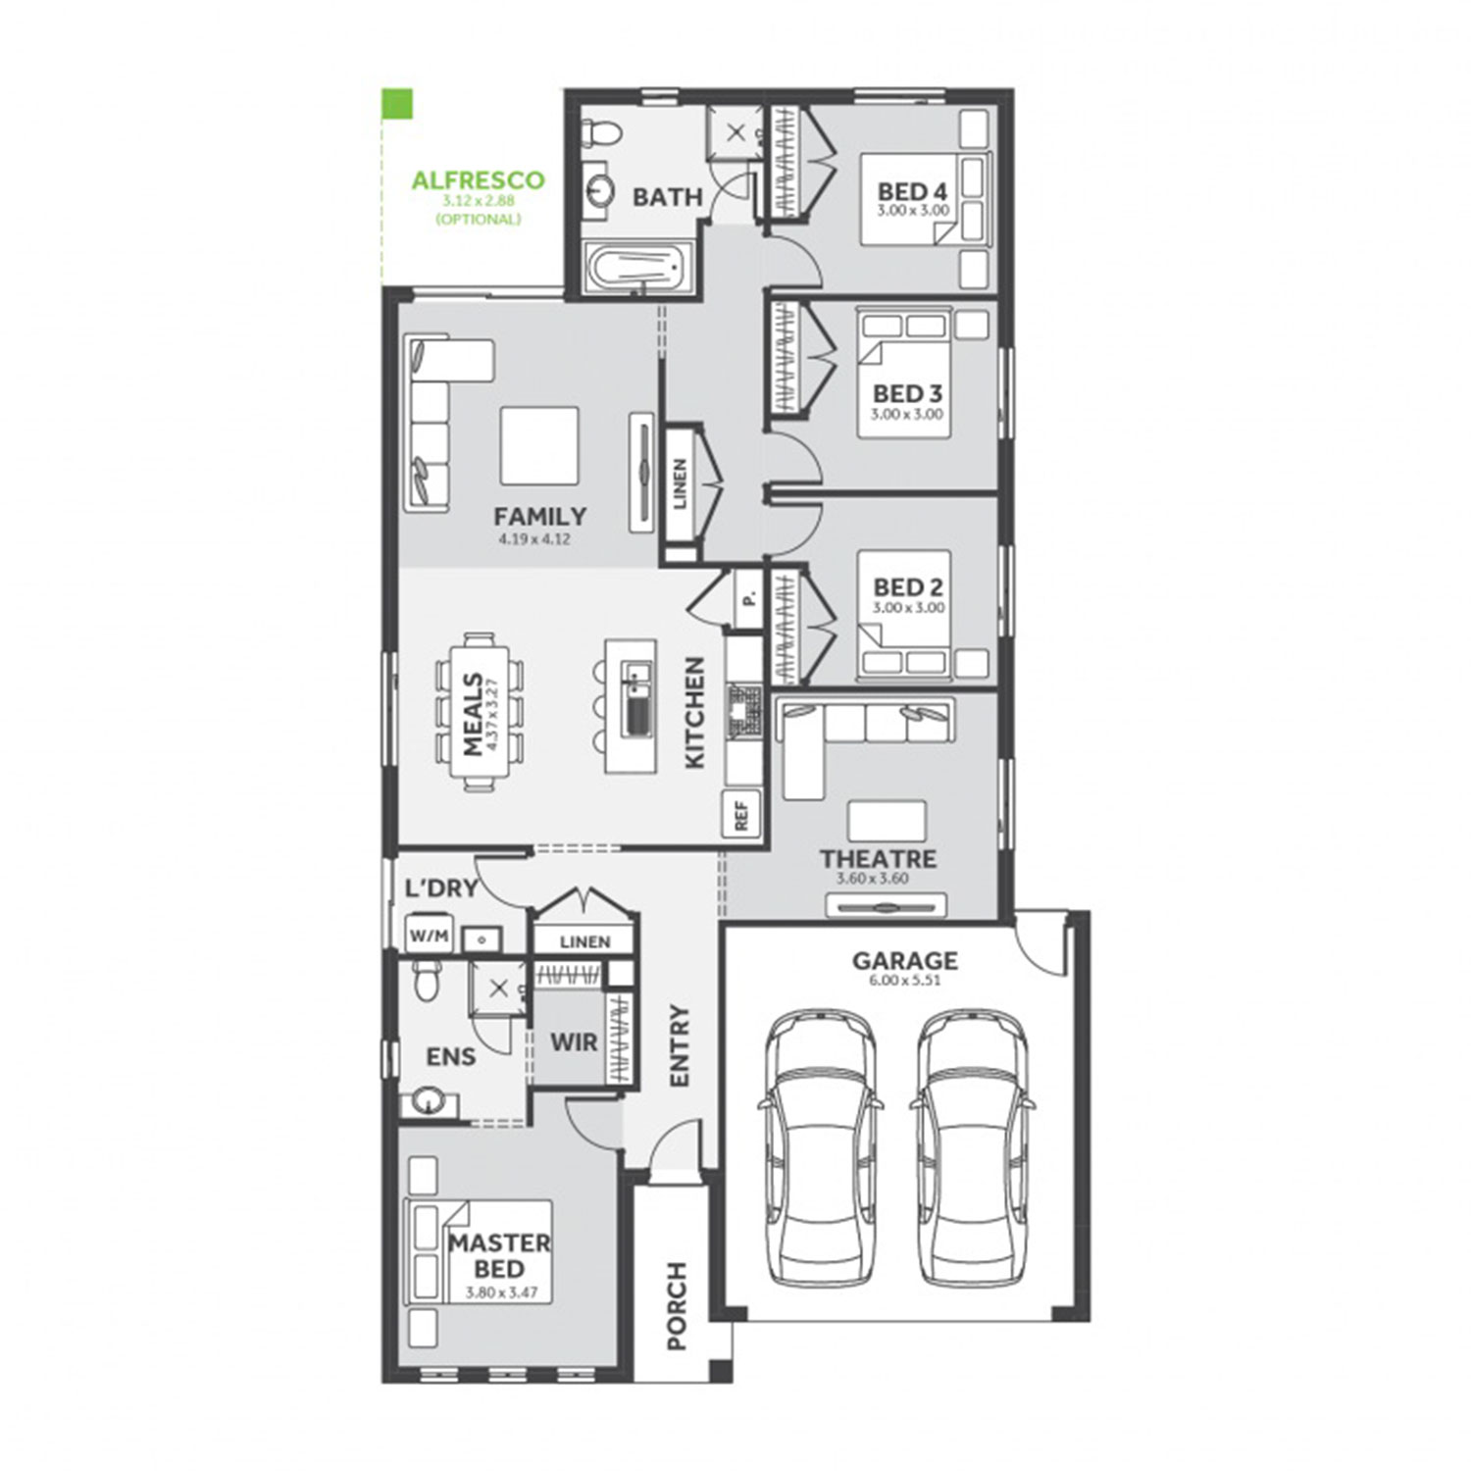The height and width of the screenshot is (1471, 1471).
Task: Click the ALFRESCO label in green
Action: click(x=478, y=180)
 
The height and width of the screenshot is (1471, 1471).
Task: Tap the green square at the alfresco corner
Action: click(x=397, y=105)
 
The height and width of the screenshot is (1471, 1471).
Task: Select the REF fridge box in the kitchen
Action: click(x=740, y=813)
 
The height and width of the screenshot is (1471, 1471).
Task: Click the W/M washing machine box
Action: click(x=429, y=936)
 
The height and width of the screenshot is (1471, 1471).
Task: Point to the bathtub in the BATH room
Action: click(x=636, y=267)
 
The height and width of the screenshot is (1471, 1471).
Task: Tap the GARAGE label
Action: click(x=904, y=960)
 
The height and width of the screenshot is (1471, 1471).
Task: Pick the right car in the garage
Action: click(x=972, y=1147)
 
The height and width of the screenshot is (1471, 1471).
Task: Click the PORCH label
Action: click(x=677, y=1305)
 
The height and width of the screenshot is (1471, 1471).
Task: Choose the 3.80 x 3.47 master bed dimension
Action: click(x=500, y=1293)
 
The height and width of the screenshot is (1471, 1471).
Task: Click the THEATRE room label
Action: click(x=878, y=859)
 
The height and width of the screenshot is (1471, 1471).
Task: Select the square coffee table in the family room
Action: click(x=539, y=446)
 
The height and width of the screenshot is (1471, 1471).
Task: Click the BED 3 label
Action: click(x=907, y=393)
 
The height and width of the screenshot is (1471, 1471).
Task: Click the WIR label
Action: click(x=574, y=1041)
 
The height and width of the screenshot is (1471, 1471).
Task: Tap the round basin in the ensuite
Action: click(x=427, y=1101)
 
